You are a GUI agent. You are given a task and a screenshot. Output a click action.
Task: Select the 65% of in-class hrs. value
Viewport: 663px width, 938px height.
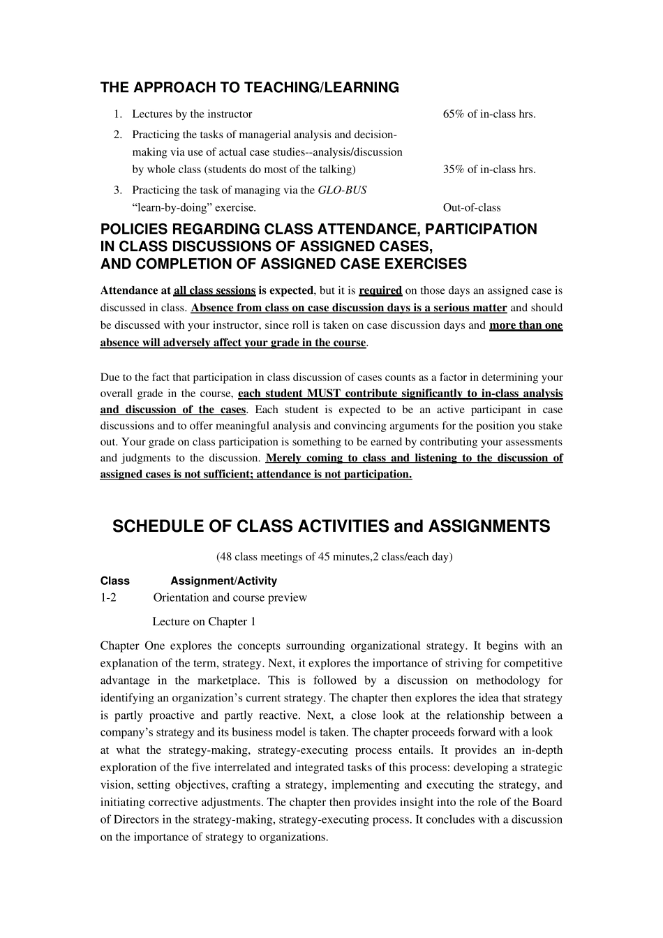coord(489,114)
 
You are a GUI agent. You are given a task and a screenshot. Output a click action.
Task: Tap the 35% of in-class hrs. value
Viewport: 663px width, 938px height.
coord(489,169)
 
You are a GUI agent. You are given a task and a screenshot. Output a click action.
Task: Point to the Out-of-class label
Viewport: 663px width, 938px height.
coord(472,207)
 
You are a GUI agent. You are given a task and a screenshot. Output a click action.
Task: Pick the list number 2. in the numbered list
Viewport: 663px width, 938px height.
coord(118,134)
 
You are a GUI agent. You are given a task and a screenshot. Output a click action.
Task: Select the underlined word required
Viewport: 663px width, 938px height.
coord(380,290)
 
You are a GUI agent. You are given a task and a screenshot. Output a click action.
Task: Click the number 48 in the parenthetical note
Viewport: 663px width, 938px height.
coord(225,556)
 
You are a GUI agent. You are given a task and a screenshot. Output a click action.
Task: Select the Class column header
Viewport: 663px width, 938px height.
coord(115,581)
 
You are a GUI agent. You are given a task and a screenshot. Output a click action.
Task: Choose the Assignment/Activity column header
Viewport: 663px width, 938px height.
coord(223,581)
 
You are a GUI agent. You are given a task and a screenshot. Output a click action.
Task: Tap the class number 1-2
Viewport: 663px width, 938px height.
coord(108,597)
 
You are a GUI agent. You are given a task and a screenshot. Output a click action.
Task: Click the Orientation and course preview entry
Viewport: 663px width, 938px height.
coord(230,597)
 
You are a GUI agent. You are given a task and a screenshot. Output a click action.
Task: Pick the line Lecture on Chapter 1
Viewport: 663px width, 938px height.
coord(204,622)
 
